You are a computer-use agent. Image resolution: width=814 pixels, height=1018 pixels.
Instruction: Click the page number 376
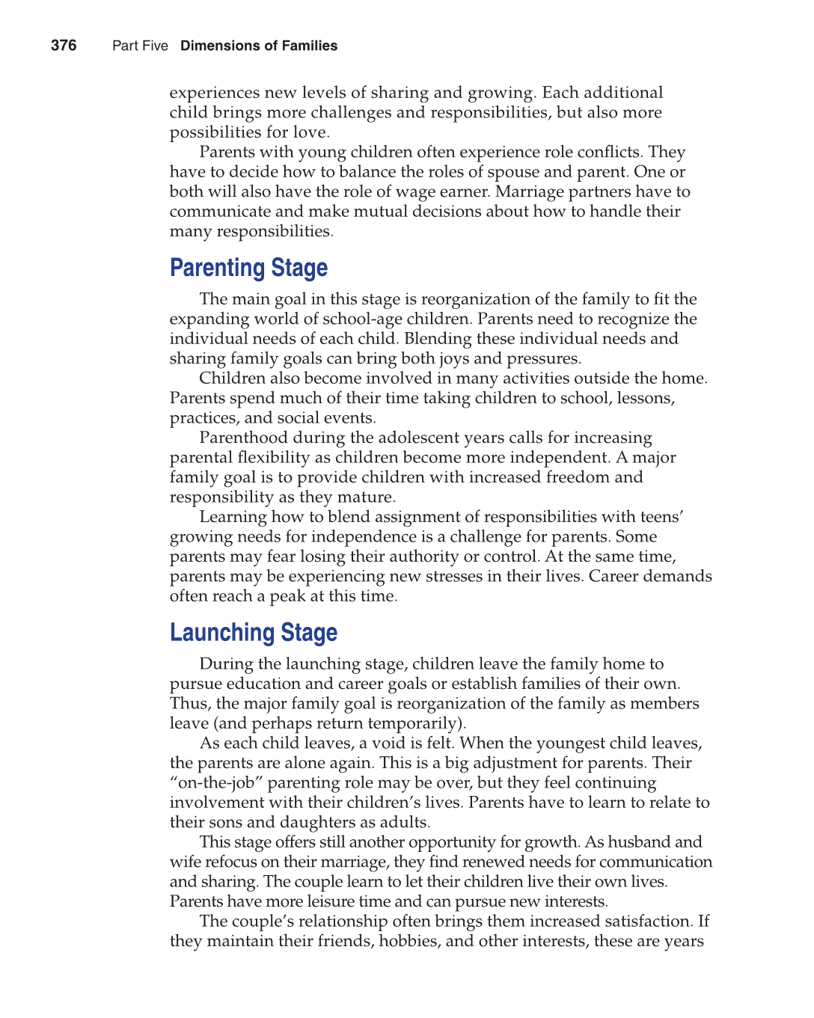pyautogui.click(x=64, y=46)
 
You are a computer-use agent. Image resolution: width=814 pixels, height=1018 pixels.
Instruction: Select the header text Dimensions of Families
pyautogui.click(x=259, y=46)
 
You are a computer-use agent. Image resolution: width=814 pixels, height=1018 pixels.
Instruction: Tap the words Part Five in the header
pyautogui.click(x=140, y=46)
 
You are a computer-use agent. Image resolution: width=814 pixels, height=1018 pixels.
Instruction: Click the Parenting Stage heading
pyautogui.click(x=248, y=268)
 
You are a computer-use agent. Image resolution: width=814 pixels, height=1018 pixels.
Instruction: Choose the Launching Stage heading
pyautogui.click(x=254, y=633)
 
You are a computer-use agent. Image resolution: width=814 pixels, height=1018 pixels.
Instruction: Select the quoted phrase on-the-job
pyautogui.click(x=216, y=783)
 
